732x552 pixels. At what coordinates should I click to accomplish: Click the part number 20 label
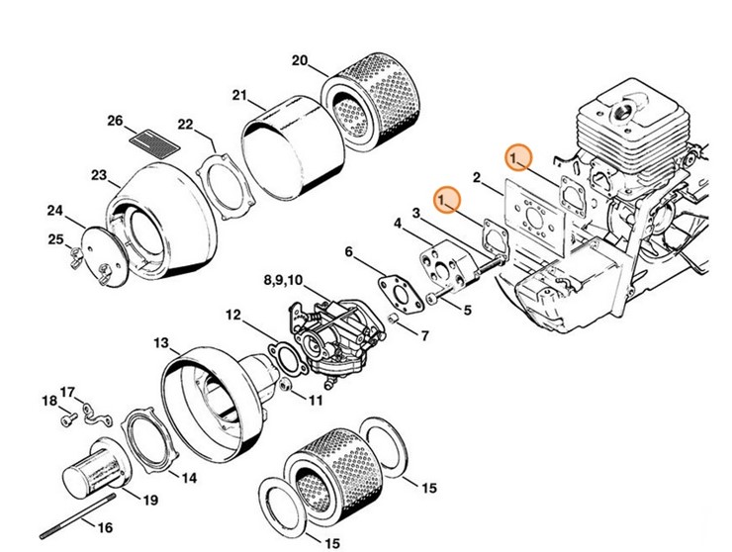click(x=299, y=60)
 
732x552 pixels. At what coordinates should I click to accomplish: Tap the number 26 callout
click(x=115, y=122)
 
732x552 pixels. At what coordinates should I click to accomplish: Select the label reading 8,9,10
click(x=285, y=282)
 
